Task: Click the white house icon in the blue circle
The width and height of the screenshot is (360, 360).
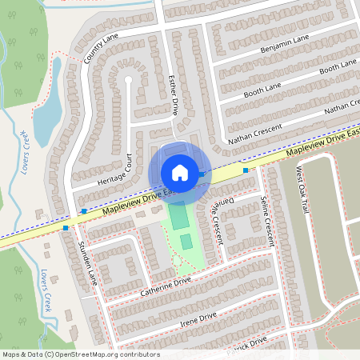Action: tap(180, 172)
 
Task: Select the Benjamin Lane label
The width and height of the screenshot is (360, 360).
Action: tap(284, 45)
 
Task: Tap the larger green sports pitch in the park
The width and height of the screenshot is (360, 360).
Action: tap(178, 217)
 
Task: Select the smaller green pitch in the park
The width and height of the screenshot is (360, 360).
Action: tap(186, 242)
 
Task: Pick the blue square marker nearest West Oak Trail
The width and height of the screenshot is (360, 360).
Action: tap(246, 170)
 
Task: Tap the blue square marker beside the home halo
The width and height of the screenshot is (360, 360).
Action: tap(203, 174)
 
